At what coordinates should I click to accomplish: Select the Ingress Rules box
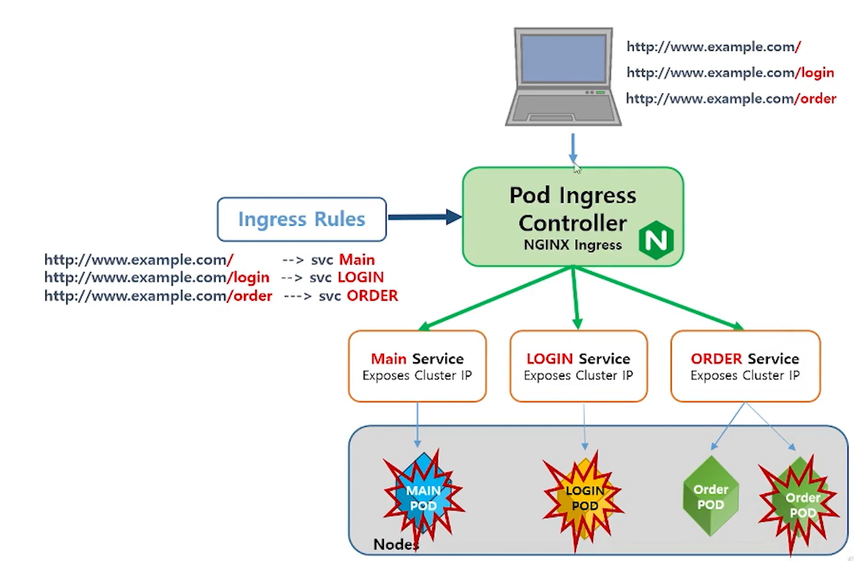pos(302,220)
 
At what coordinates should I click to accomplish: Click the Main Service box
pos(417,366)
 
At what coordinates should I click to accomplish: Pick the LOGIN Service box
pos(578,366)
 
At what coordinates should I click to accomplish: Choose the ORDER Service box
pos(745,366)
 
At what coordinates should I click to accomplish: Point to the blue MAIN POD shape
pos(423,498)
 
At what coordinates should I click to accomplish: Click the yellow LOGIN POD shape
pos(584,498)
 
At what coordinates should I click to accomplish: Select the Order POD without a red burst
pos(711,497)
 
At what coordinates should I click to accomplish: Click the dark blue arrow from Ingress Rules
pos(424,217)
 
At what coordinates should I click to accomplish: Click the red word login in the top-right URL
pos(817,73)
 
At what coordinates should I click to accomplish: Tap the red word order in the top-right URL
pos(818,99)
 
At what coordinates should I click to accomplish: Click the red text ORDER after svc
pos(372,296)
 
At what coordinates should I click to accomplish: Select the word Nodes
pos(396,544)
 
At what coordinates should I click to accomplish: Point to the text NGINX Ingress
pos(573,245)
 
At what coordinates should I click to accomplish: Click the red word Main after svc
pos(357,260)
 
